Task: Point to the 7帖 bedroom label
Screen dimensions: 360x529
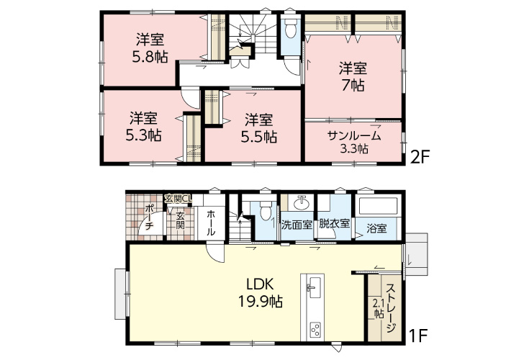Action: pos(353,84)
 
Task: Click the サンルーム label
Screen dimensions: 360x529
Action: pos(353,135)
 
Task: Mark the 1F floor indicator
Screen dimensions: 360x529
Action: pos(418,336)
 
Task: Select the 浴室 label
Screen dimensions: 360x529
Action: pos(376,229)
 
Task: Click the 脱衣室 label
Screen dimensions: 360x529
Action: pos(335,224)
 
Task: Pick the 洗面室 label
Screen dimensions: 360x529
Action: pos(297,224)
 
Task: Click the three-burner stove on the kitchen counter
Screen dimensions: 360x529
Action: pos(315,330)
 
